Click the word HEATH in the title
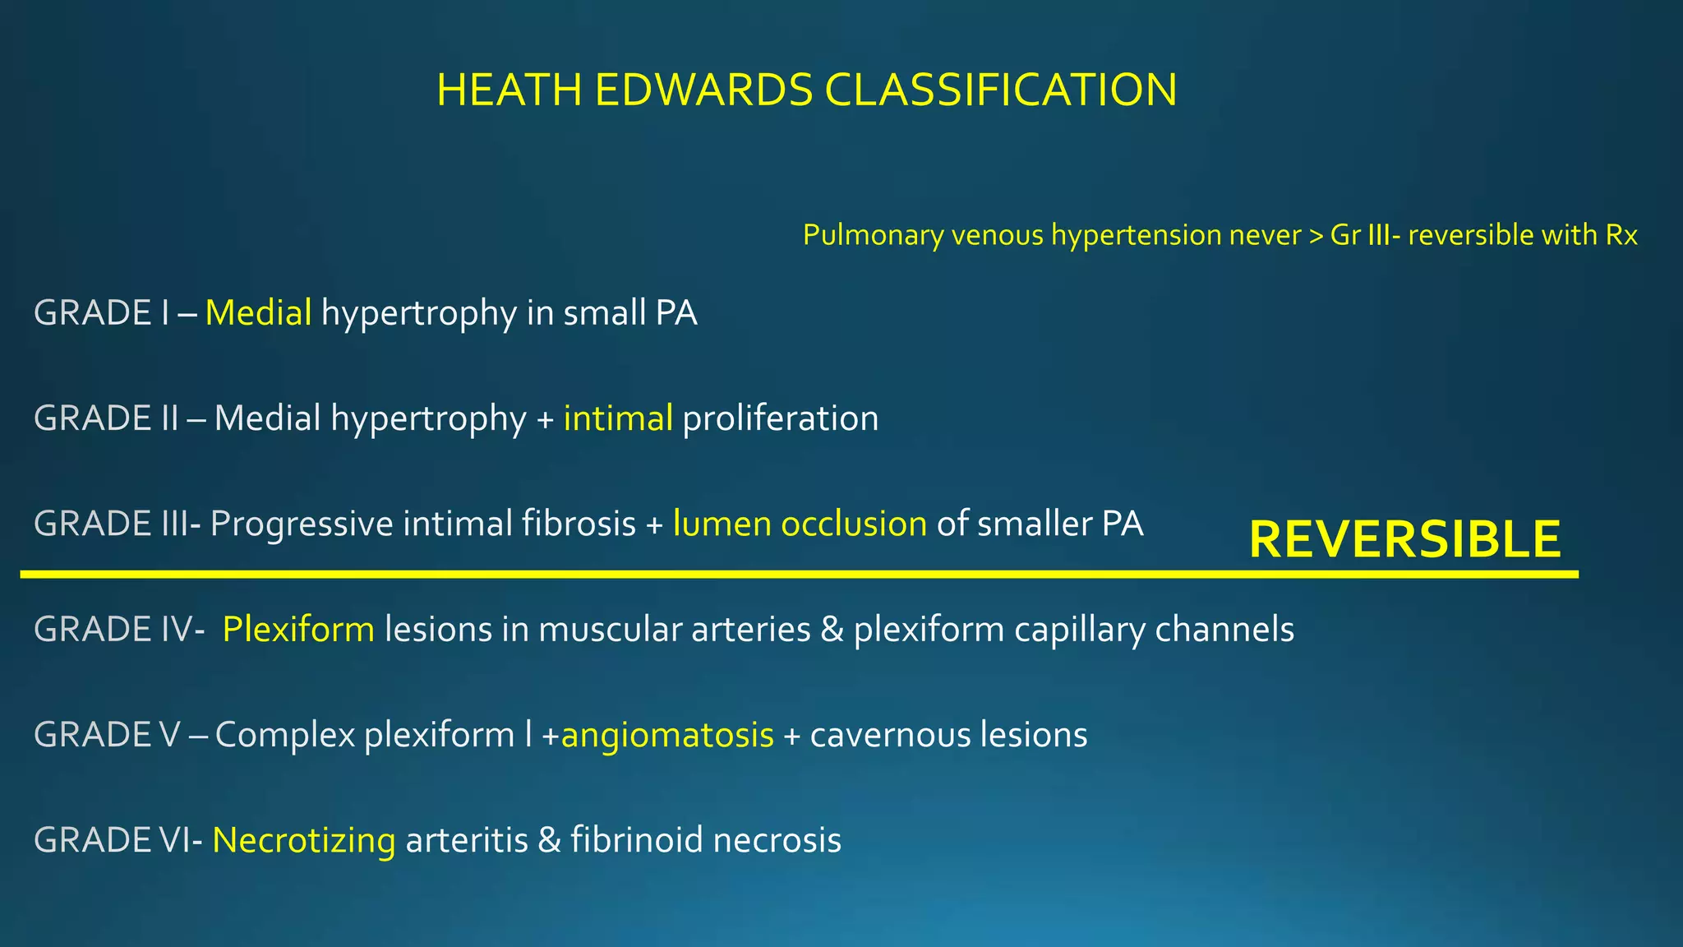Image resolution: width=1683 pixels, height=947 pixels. tap(510, 90)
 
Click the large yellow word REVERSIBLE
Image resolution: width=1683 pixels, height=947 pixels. tap(1404, 539)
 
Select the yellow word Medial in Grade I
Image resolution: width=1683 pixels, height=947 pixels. tap(258, 313)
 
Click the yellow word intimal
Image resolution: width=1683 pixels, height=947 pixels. tap(618, 418)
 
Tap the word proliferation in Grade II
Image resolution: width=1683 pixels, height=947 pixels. tap(781, 418)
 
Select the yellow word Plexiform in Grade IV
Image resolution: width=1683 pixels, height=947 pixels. tap(298, 630)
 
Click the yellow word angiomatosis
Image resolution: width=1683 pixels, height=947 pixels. tap(667, 735)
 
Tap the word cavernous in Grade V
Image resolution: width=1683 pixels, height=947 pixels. tap(878, 735)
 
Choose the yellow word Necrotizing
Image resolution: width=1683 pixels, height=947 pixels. tap(304, 840)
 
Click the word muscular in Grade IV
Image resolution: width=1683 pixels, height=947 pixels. tap(607, 630)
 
